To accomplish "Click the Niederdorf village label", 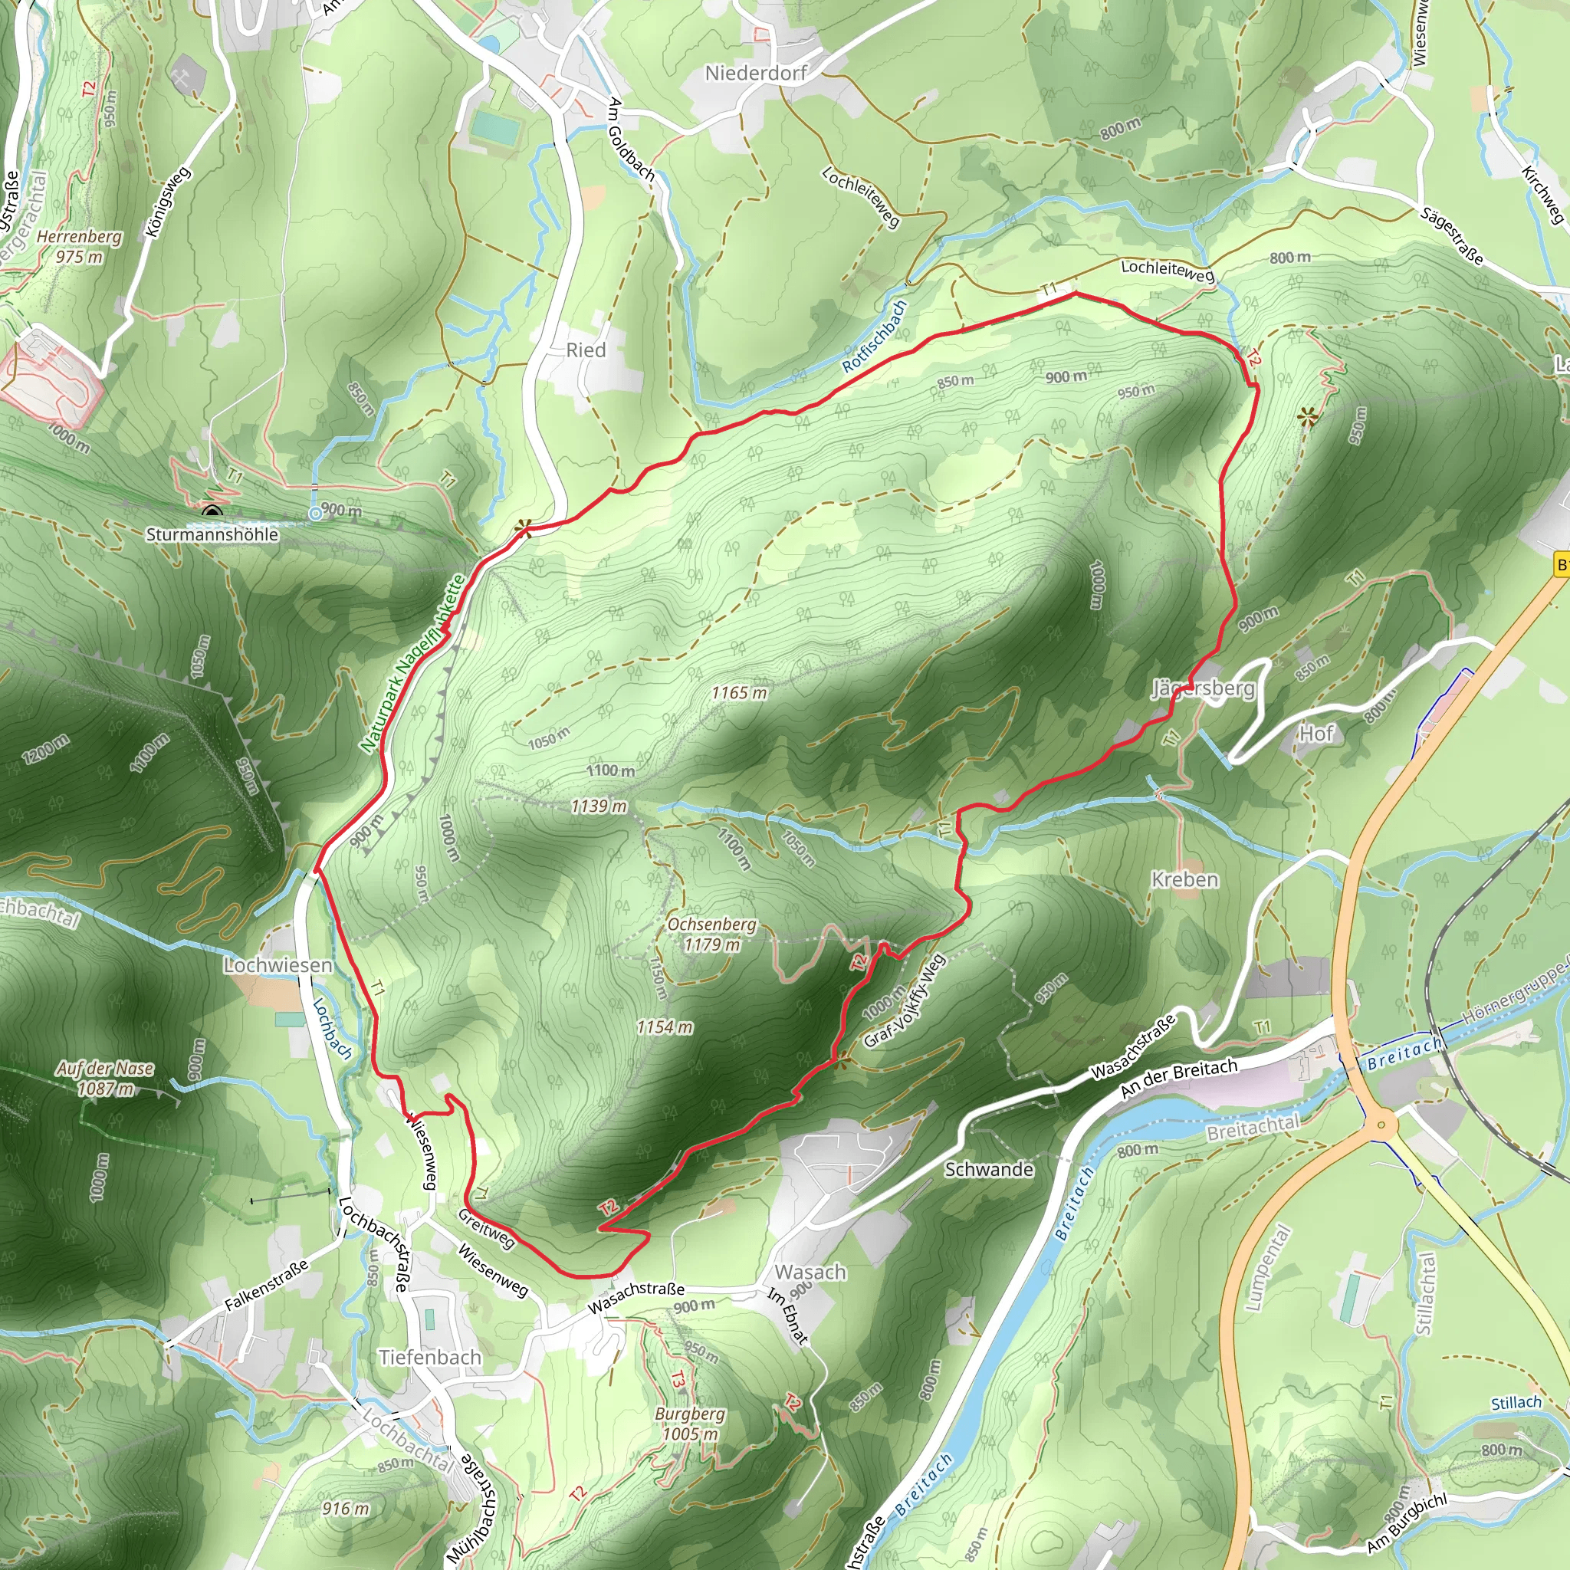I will tap(755, 73).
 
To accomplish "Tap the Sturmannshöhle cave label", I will tap(212, 535).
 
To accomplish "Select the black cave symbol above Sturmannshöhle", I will tap(213, 512).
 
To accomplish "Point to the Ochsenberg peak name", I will tap(711, 925).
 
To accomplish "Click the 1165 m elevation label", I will tap(739, 692).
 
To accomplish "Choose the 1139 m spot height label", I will tap(599, 806).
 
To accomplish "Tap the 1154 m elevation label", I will tap(664, 1027).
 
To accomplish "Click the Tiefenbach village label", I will tap(430, 1357).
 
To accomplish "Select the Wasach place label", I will tap(810, 1272).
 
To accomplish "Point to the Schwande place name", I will tap(988, 1169).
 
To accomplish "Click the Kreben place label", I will tap(1185, 879).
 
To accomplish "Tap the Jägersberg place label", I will tap(1203, 689).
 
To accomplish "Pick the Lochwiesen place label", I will tap(278, 965).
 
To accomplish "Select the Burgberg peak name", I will tap(690, 1414).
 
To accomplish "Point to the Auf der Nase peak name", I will tap(105, 1069).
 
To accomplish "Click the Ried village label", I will tap(586, 350).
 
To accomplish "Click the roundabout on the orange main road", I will tap(1380, 1125).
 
